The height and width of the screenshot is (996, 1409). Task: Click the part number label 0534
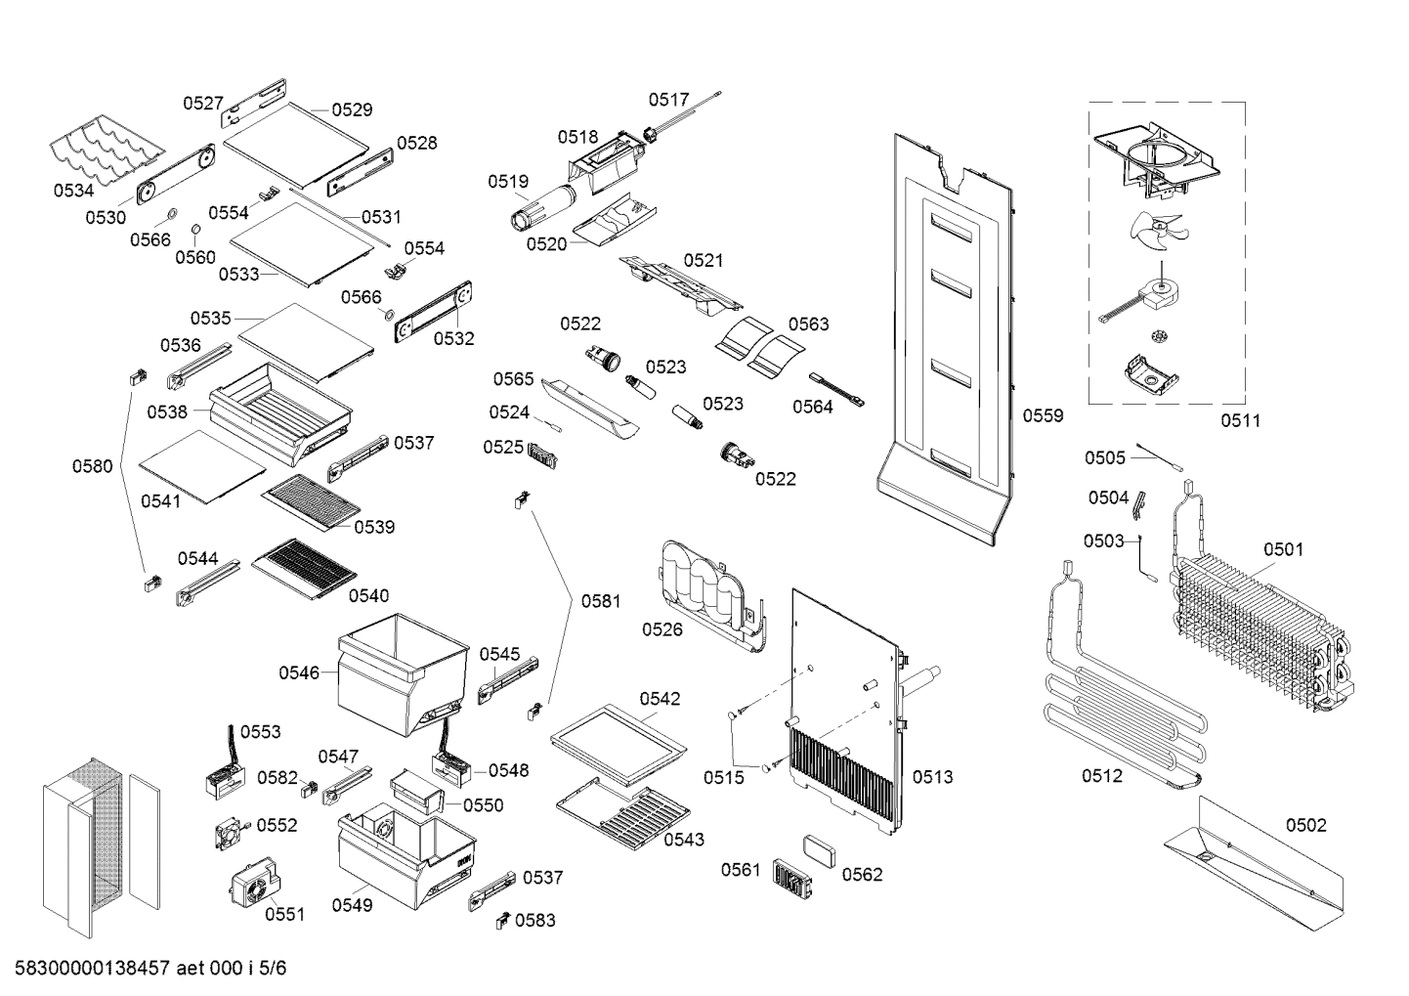coord(73,191)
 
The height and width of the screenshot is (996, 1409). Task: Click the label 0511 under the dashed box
coord(1240,421)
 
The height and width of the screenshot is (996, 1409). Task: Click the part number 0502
coord(1305,825)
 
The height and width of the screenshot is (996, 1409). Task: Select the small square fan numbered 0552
coord(231,834)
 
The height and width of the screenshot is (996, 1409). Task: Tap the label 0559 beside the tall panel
coord(1043,416)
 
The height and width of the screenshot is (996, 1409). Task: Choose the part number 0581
coord(601,601)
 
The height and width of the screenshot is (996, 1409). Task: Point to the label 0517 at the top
coord(668,100)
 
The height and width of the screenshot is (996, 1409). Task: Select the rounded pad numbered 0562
coord(818,849)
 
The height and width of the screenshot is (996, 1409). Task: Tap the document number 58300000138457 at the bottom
coord(94,969)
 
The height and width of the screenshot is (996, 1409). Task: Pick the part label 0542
coord(660,699)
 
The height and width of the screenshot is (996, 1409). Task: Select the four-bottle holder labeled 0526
coord(709,591)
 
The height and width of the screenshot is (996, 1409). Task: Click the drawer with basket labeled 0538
coord(278,406)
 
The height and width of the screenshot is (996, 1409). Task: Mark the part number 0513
coord(932,777)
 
